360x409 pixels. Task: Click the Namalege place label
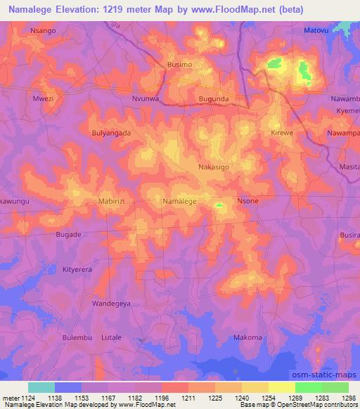179,201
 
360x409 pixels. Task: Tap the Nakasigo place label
214,167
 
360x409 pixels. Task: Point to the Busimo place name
180,65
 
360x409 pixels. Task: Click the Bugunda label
213,100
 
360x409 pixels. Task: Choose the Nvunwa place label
148,100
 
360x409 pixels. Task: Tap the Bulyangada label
111,132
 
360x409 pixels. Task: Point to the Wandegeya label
112,304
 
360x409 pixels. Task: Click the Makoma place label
247,337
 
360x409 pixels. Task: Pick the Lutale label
112,337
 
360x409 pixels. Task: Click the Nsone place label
248,201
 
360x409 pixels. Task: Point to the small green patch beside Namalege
219,206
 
